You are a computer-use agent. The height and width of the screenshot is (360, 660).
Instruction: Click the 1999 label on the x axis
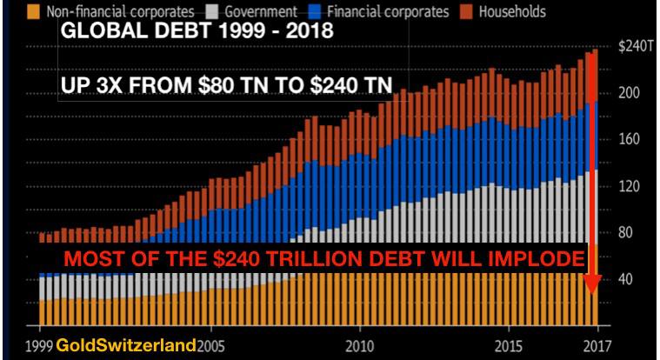(x=40, y=345)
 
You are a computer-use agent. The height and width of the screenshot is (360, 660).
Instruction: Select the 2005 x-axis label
(x=213, y=345)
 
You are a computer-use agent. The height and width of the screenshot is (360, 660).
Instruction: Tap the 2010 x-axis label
(x=358, y=345)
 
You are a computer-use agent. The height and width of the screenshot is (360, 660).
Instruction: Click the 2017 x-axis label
(x=594, y=345)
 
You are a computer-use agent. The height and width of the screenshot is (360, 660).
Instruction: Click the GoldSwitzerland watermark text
(x=125, y=345)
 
